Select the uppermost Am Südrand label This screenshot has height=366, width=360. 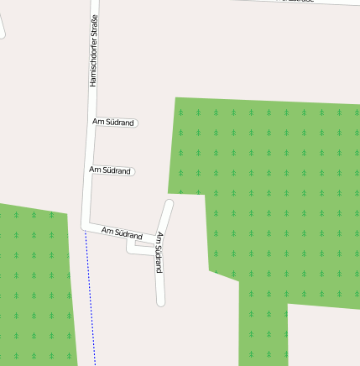(x=113, y=123)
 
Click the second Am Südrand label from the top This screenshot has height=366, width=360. (x=110, y=170)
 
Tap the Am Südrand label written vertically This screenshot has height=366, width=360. (x=158, y=252)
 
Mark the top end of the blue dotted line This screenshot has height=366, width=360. (x=86, y=234)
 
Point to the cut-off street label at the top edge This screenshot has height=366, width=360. (x=298, y=2)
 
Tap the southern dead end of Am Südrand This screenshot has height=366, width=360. (x=160, y=301)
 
